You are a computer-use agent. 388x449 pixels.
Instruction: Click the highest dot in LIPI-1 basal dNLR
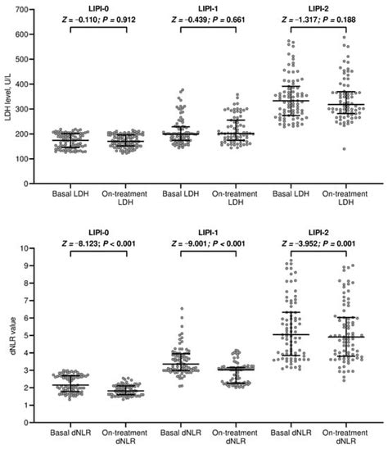pyautogui.click(x=181, y=309)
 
